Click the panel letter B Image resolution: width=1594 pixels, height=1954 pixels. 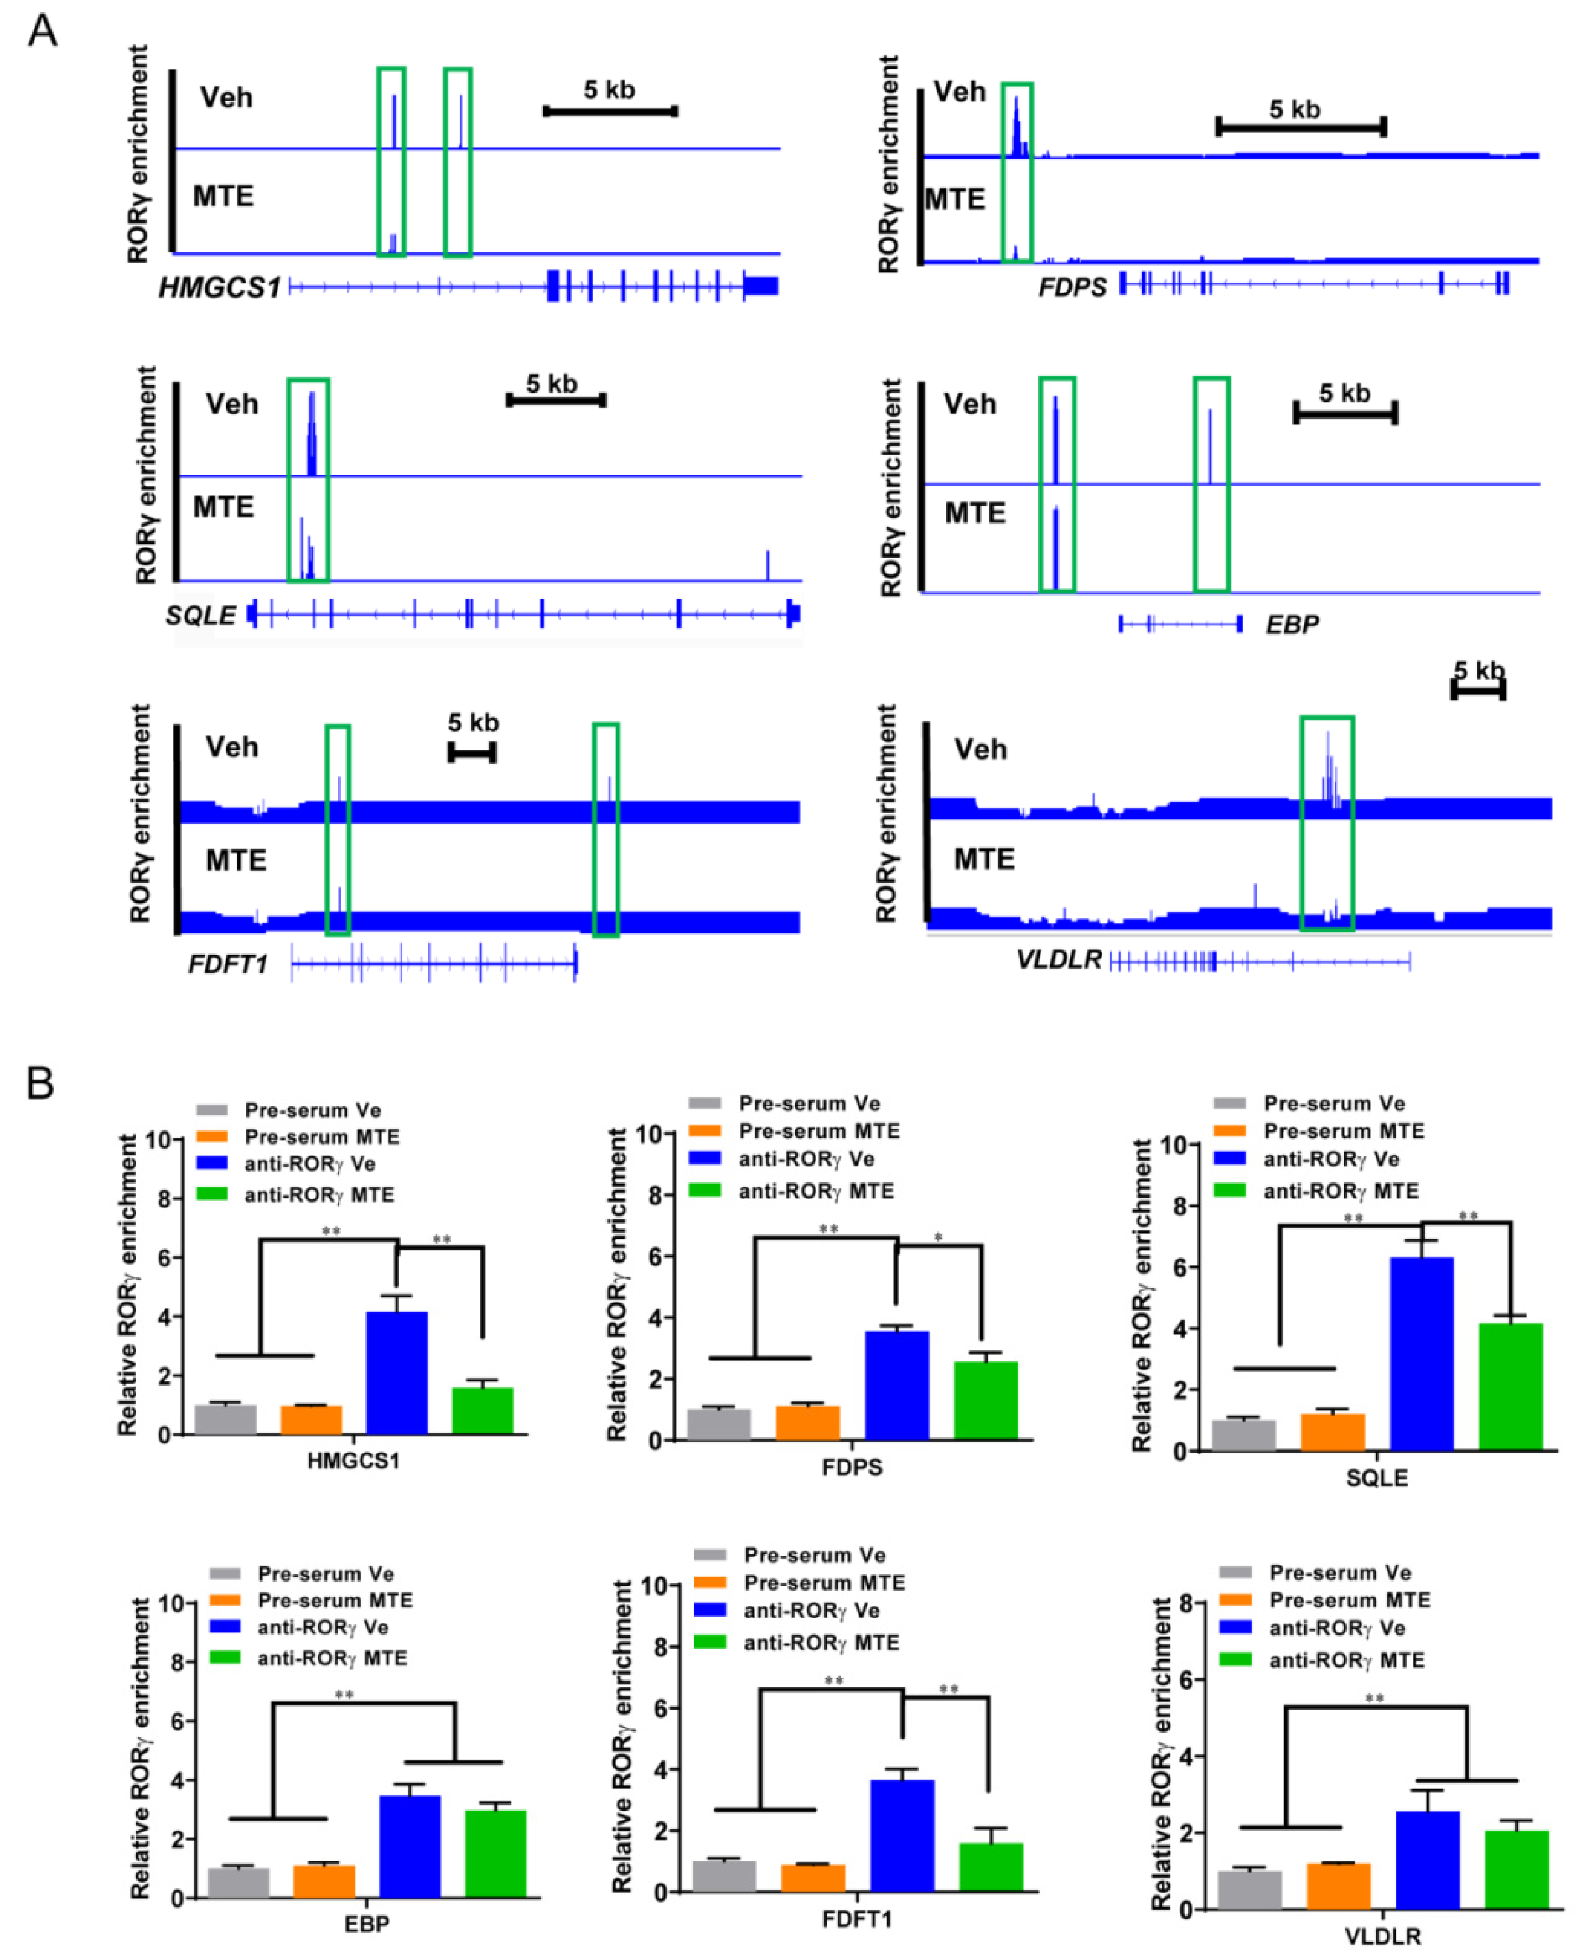coord(40,1083)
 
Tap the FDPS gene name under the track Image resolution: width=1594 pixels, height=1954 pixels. coord(1072,287)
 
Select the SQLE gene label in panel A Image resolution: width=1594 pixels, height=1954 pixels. coord(201,615)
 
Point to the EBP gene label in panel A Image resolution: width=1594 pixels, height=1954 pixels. coord(1292,624)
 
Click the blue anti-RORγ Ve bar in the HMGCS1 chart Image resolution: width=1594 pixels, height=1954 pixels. coord(397,1373)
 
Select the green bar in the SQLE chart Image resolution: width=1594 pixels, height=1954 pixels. coord(1511,1386)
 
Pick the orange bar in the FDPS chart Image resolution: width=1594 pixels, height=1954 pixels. coord(807,1422)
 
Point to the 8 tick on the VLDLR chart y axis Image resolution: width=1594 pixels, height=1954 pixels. coord(1185,1603)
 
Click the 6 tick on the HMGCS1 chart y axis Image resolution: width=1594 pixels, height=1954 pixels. coord(164,1258)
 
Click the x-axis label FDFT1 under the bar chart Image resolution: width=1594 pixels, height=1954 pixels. coord(856,1919)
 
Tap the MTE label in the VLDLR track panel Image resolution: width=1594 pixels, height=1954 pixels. coord(983,859)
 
